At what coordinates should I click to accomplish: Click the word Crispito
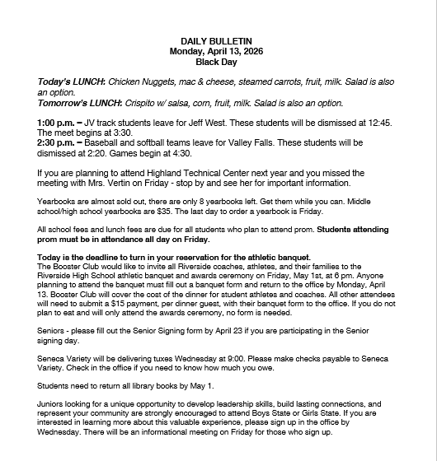(142, 103)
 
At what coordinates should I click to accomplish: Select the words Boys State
(294, 415)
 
